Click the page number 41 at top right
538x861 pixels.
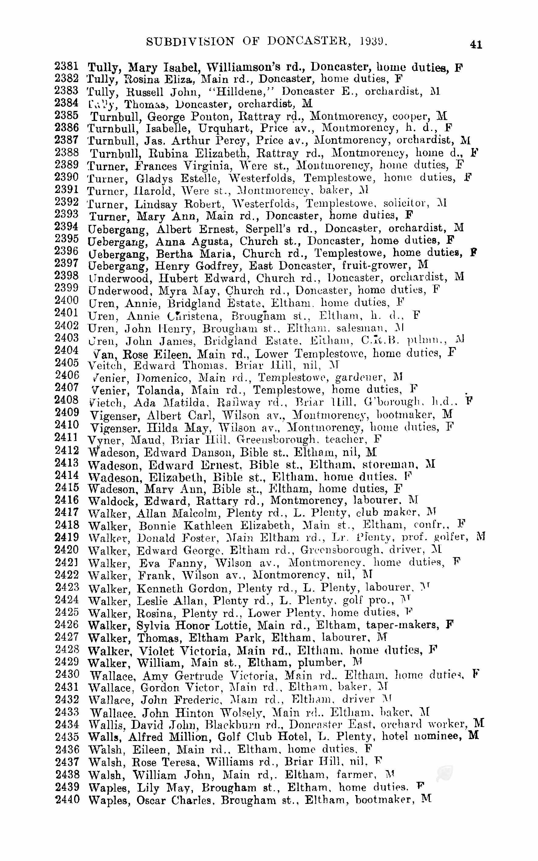click(x=476, y=44)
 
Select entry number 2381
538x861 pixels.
click(x=66, y=66)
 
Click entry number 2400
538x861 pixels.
click(x=66, y=300)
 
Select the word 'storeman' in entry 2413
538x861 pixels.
click(x=389, y=464)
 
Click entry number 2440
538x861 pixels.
click(x=67, y=799)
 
